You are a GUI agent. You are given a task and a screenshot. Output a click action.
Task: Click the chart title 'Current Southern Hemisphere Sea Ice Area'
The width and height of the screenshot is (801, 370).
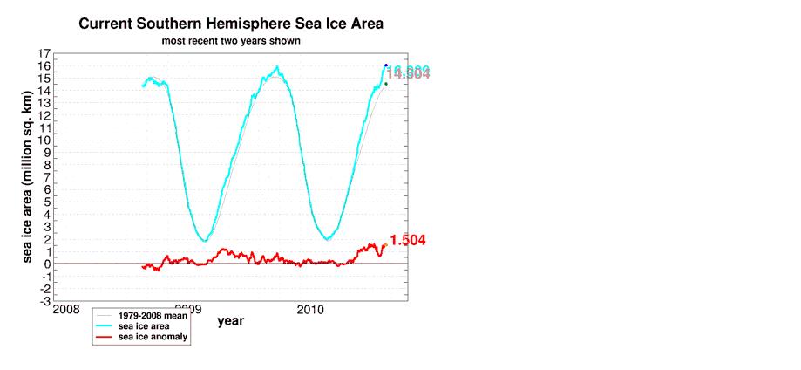coord(231,24)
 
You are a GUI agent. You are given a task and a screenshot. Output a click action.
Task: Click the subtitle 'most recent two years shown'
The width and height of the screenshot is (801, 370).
coord(231,41)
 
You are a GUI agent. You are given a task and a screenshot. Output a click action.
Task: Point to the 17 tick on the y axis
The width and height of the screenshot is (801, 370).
coord(44,53)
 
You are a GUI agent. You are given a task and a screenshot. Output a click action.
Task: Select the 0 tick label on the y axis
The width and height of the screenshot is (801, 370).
coord(44,264)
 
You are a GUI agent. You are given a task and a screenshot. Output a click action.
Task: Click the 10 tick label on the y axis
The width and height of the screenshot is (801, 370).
coord(42,140)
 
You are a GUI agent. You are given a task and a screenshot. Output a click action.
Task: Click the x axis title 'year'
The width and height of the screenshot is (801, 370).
coord(231,321)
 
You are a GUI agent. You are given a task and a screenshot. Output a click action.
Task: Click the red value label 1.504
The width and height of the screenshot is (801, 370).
coord(407,241)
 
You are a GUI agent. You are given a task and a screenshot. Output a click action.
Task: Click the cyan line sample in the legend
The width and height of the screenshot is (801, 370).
coord(105,325)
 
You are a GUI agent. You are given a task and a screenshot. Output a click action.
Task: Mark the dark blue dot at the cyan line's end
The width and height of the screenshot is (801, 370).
coord(385,65)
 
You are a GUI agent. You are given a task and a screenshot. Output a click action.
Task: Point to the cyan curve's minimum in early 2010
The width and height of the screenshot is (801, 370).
coord(327,239)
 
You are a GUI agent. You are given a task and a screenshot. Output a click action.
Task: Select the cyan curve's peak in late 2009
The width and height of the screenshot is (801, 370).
coord(277,66)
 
